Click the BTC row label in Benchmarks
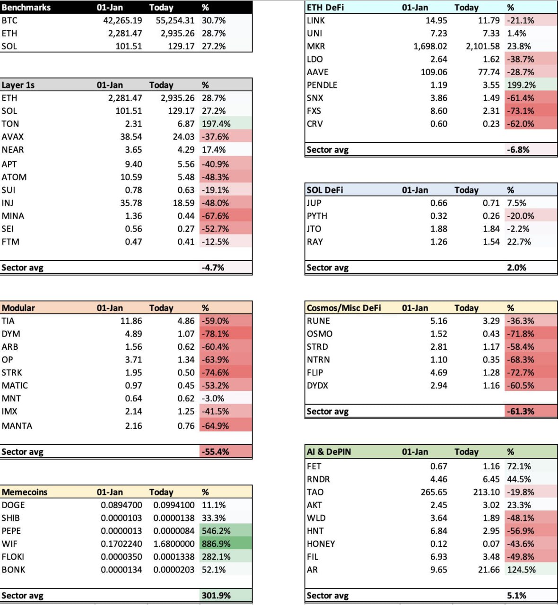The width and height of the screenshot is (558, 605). tap(9, 20)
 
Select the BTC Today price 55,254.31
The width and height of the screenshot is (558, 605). tap(174, 20)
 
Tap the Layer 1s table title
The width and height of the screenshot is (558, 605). tap(18, 85)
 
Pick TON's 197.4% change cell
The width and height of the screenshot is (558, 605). tap(216, 124)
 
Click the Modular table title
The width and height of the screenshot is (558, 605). tap(18, 308)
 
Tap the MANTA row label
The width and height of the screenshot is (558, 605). tap(17, 426)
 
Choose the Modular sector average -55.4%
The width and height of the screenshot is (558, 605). tap(215, 452)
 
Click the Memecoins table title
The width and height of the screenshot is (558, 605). tap(25, 492)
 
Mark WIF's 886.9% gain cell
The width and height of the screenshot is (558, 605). tap(216, 544)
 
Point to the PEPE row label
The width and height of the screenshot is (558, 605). tap(11, 531)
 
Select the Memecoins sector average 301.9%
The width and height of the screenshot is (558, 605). tap(216, 596)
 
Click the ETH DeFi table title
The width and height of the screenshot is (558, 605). tap(325, 8)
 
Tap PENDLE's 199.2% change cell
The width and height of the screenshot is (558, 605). tap(521, 85)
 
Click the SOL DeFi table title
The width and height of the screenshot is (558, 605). tap(325, 190)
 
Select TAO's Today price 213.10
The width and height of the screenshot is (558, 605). tap(486, 492)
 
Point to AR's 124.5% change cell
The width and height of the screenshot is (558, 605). tap(521, 570)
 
